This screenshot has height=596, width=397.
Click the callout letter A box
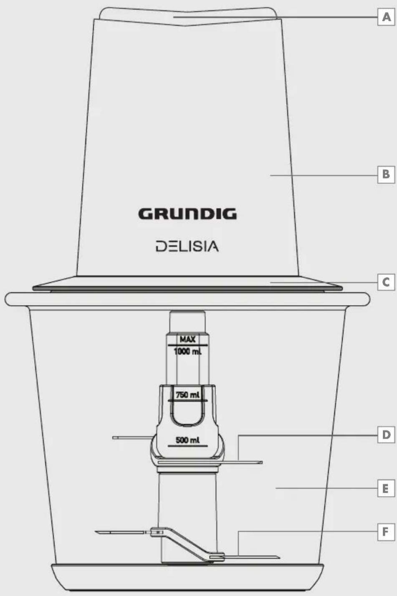click(386, 17)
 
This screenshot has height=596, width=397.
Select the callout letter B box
click(386, 174)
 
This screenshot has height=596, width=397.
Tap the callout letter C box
click(386, 282)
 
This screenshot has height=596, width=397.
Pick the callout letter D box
click(386, 435)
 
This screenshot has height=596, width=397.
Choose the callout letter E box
click(386, 488)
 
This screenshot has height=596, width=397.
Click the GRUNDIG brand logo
click(187, 214)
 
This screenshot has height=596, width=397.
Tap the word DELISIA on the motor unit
click(187, 246)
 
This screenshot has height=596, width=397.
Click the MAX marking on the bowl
click(187, 339)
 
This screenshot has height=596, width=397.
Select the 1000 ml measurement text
click(187, 351)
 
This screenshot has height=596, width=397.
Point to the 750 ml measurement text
click(187, 394)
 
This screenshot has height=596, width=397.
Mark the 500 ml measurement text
click(187, 440)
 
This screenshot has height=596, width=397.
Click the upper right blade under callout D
click(246, 462)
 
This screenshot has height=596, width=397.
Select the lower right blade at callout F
click(259, 557)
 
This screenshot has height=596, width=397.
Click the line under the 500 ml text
click(187, 446)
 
